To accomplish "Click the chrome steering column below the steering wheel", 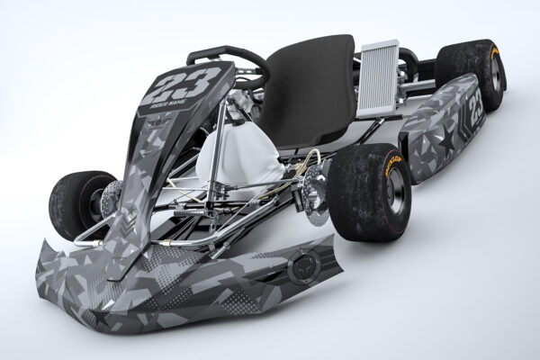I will pyautogui.click(x=220, y=117).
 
